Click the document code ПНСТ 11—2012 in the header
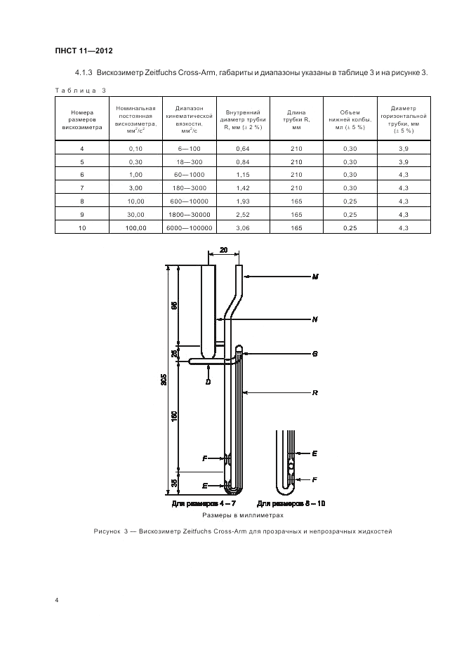click(84, 51)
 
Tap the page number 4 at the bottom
click(57, 600)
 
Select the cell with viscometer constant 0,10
click(136, 148)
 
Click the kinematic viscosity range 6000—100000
click(190, 228)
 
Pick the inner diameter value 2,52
click(243, 215)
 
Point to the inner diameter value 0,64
click(243, 148)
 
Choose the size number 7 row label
click(82, 188)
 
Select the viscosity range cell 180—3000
click(190, 188)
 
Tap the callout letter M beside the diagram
click(315, 277)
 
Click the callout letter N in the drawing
click(315, 319)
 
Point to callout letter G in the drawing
click(315, 354)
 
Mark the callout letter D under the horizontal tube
click(208, 381)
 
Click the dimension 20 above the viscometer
click(224, 250)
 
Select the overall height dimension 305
click(164, 380)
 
